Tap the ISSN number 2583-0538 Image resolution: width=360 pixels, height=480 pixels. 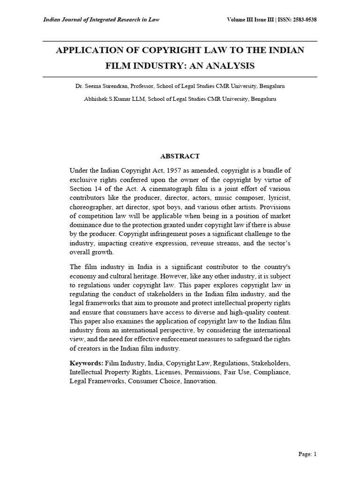[x=302, y=20]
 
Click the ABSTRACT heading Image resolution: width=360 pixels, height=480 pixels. [x=180, y=156]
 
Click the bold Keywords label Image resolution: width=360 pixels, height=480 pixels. [x=86, y=363]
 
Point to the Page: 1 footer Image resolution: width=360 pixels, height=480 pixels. [x=307, y=454]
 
